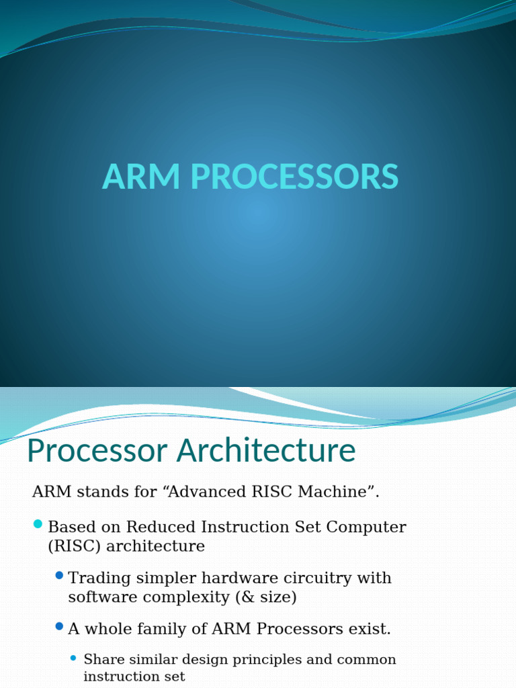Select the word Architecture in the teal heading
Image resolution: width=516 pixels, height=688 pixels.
tap(266, 451)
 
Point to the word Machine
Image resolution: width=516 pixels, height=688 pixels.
tap(335, 492)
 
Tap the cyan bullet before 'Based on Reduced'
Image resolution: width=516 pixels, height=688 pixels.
tap(38, 524)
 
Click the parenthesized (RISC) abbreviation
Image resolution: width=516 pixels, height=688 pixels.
tap(75, 546)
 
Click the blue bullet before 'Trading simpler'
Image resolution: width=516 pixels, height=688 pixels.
tap(59, 575)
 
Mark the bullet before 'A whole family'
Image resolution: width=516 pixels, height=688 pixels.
tap(59, 626)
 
